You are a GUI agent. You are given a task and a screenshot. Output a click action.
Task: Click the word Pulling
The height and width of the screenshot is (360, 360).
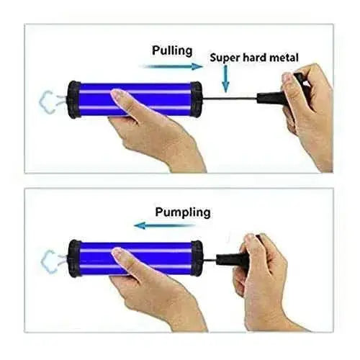(172, 51)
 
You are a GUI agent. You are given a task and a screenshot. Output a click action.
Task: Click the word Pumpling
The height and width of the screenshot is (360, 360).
(183, 212)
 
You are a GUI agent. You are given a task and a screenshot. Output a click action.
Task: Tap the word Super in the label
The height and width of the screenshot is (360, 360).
(225, 58)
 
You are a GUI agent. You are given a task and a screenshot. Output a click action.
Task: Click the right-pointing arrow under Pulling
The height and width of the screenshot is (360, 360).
(174, 66)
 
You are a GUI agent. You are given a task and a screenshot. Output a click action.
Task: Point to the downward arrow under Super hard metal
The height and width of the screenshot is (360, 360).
(225, 78)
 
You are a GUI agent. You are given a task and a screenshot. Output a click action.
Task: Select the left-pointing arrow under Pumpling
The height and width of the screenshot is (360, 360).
(165, 225)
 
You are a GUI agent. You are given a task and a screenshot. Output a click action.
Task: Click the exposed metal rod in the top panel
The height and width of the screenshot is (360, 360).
(230, 98)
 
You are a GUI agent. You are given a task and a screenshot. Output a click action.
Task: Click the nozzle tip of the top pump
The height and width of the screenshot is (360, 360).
(48, 102)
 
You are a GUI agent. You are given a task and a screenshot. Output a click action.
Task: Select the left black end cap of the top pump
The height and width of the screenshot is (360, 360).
(73, 99)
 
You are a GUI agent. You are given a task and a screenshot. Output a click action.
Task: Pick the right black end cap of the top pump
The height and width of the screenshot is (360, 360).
(196, 99)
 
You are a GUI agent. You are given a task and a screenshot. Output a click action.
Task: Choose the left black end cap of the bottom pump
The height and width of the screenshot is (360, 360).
(74, 258)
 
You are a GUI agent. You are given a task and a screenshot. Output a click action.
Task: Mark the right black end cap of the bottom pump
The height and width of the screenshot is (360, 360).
(197, 258)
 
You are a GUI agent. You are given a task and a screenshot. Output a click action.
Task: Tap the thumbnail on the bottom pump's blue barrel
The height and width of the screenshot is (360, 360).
(120, 255)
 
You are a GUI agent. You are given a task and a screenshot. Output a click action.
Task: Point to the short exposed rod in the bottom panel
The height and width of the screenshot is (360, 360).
(210, 260)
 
